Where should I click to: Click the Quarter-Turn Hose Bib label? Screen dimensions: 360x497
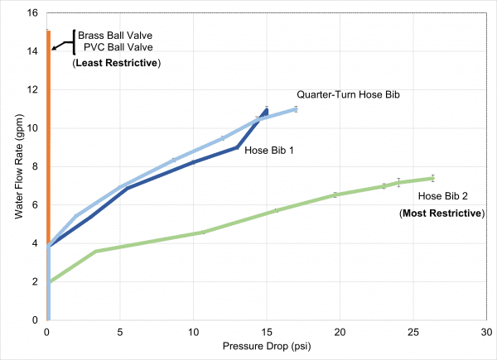point(349,96)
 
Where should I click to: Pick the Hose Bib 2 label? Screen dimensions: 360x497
point(443,196)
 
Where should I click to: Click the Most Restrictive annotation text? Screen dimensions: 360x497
point(442,214)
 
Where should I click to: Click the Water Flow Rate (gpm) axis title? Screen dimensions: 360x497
point(18,166)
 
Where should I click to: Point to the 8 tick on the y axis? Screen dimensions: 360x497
point(35,166)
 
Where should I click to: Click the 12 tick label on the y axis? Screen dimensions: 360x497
point(32,89)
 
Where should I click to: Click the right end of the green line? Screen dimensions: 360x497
point(433,178)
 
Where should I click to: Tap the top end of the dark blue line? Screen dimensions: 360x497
point(267,109)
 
